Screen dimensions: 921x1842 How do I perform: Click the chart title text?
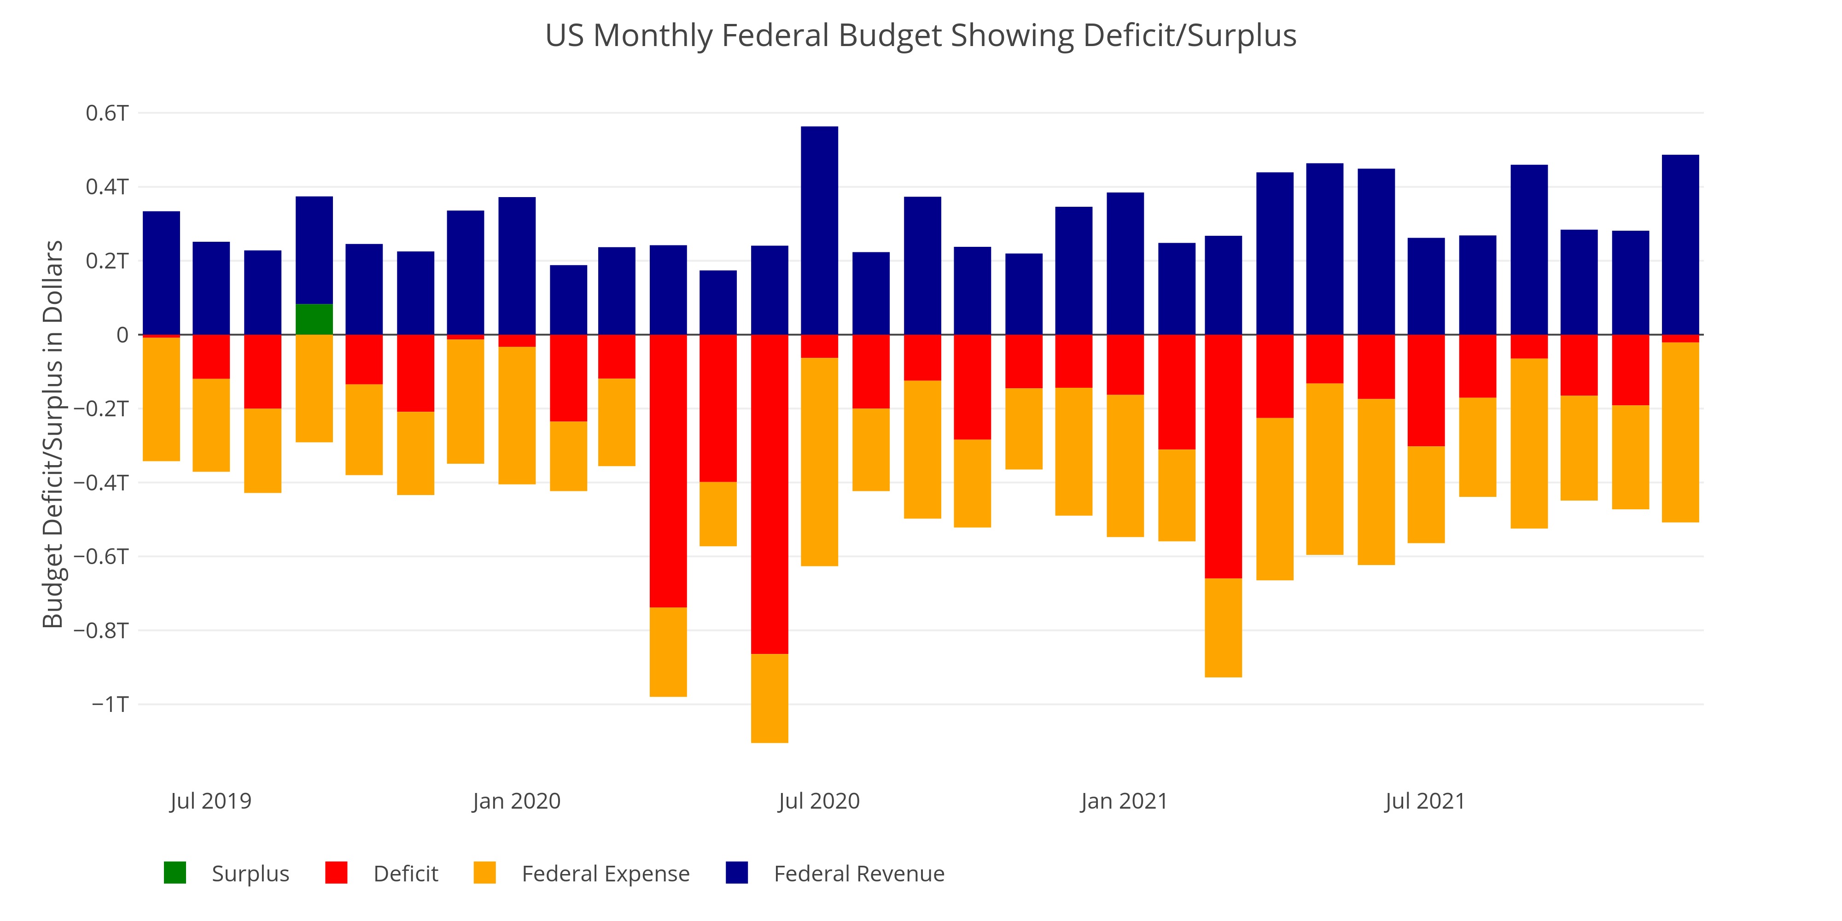click(x=920, y=36)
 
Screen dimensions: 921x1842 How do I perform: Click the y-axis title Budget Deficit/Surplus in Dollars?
click(x=53, y=434)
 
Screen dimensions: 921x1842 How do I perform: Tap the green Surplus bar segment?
click(x=314, y=320)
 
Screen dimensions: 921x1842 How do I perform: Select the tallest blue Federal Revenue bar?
click(x=820, y=230)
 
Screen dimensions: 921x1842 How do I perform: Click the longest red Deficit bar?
click(x=769, y=493)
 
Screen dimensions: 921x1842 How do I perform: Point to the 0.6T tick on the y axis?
click(x=107, y=113)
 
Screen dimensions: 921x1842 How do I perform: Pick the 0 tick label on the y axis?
click(x=123, y=335)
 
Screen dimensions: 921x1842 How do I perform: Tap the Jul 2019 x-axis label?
click(x=211, y=801)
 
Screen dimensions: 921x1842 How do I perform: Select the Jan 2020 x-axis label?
click(x=516, y=801)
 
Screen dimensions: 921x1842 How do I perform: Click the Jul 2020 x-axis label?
click(x=820, y=801)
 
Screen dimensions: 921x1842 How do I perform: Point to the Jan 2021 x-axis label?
click(x=1124, y=801)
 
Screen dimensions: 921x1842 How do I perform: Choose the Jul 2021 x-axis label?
click(x=1425, y=801)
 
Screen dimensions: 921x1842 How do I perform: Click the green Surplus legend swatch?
click(x=175, y=873)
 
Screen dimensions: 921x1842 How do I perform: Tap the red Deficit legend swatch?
click(x=336, y=873)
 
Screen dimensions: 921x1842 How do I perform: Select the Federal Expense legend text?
click(x=606, y=874)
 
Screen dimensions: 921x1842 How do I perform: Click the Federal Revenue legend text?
click(x=859, y=874)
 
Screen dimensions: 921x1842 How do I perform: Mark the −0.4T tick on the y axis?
click(x=101, y=483)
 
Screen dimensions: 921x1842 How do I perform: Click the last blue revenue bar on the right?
click(x=1680, y=245)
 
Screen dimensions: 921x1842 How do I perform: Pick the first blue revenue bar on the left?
click(x=162, y=273)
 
